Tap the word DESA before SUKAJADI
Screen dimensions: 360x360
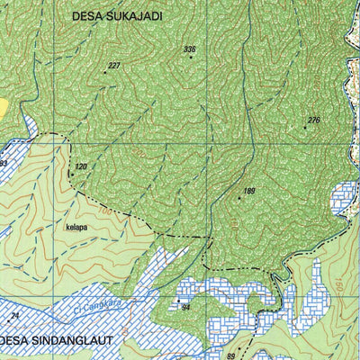tap(89, 15)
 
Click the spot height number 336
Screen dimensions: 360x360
tap(189, 49)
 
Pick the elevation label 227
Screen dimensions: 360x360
tap(114, 66)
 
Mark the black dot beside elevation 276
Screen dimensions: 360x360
tap(305, 128)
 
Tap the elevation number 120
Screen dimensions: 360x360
tap(81, 166)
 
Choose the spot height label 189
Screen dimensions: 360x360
tap(249, 191)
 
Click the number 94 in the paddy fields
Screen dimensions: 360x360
tap(186, 308)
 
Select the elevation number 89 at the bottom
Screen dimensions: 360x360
tap(230, 356)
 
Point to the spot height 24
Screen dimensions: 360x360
tap(14, 316)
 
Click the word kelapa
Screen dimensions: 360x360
tap(76, 228)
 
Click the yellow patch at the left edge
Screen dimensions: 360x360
tap(4, 107)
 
